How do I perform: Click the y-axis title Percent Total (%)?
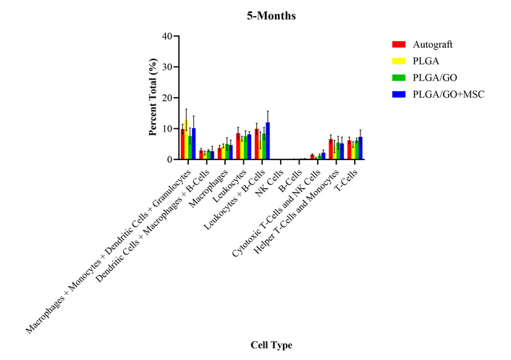[x=153, y=97]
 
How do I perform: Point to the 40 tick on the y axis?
[x=167, y=36]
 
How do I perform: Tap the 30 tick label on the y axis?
[x=167, y=67]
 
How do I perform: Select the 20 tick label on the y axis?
[x=167, y=98]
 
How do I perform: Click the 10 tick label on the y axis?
[x=167, y=129]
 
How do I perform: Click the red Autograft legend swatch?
[x=398, y=45]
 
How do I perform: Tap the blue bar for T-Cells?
[x=360, y=148]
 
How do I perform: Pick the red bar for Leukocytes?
[x=238, y=146]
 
